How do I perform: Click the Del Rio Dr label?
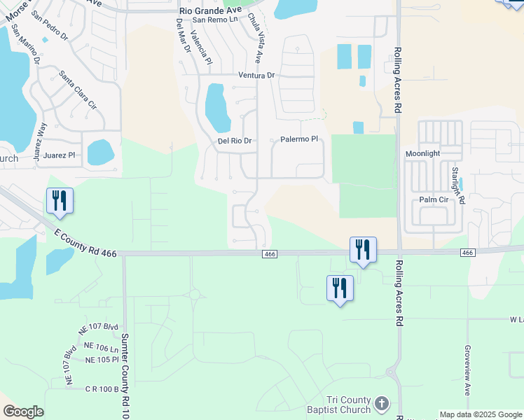(235, 141)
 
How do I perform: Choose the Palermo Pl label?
(299, 139)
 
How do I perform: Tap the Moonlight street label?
(423, 153)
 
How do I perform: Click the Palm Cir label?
(434, 199)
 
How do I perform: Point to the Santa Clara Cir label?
(78, 90)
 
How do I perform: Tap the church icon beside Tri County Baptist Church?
(381, 403)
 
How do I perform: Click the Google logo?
(23, 412)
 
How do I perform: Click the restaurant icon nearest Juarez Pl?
(59, 201)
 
